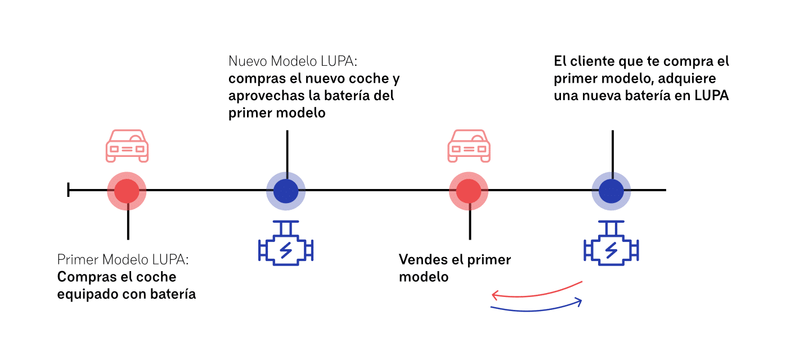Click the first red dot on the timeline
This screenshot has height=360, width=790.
click(x=127, y=191)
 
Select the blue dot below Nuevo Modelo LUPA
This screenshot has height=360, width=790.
click(x=286, y=191)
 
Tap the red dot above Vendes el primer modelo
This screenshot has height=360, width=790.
click(x=469, y=191)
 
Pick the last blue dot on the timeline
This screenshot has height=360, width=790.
click(x=611, y=191)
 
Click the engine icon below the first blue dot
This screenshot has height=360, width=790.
click(x=286, y=247)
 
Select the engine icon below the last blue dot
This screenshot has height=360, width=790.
click(x=611, y=247)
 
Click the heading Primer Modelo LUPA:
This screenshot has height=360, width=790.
click(x=123, y=260)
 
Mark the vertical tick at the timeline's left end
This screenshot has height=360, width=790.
click(x=68, y=191)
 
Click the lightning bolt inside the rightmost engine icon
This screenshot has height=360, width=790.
click(x=612, y=249)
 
